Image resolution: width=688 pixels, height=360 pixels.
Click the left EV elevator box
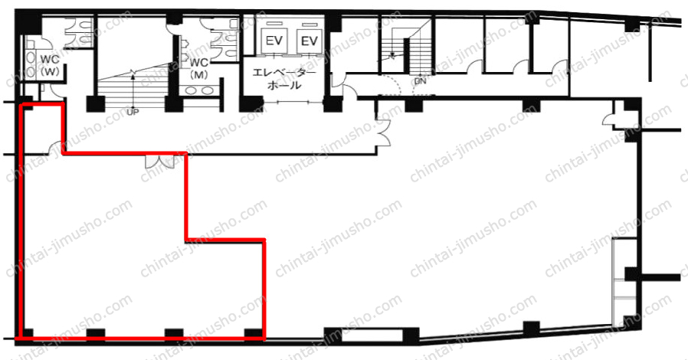[x=274, y=41]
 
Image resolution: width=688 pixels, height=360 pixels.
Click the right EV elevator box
[x=309, y=41]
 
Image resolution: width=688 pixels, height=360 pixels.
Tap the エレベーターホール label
[x=284, y=79]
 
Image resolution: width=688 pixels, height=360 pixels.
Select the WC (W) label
[x=50, y=65]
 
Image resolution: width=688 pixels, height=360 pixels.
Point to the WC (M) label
[x=199, y=68]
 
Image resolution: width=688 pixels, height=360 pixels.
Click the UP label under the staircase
[x=133, y=113]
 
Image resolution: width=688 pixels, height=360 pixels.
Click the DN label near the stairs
[x=420, y=81]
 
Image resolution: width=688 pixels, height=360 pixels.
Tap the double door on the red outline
[x=159, y=161]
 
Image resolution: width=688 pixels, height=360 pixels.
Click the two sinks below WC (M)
[x=200, y=91]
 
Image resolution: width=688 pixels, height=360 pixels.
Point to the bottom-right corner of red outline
[x=264, y=339]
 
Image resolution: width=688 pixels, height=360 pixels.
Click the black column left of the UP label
[x=95, y=104]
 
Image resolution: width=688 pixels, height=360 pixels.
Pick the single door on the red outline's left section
[x=56, y=148]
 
